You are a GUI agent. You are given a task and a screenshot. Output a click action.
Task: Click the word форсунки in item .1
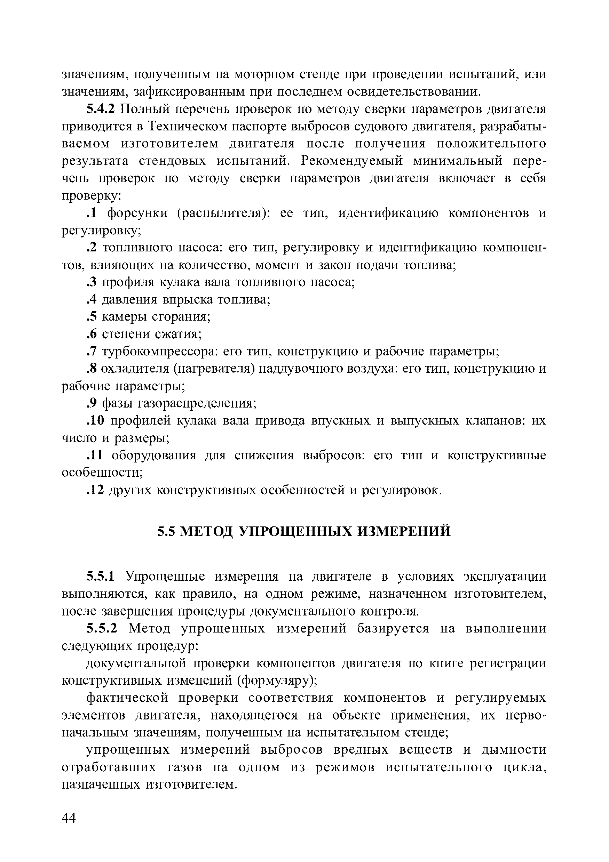click(138, 213)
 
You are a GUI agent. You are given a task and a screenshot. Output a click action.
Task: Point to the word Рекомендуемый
click(351, 161)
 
